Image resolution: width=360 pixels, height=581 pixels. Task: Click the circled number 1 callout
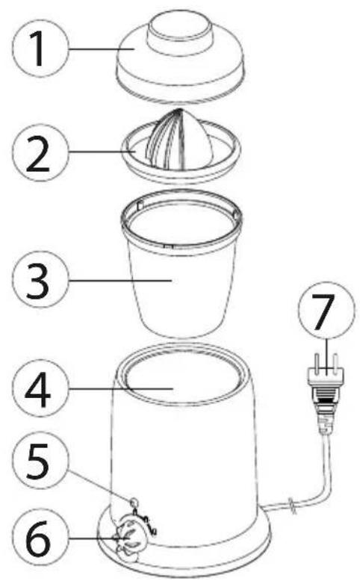41,49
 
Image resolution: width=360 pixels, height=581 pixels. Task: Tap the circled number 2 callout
41,152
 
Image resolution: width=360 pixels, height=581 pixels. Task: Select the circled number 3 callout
41,280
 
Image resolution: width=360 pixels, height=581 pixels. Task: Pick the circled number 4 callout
41,388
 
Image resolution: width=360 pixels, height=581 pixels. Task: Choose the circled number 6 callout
41,537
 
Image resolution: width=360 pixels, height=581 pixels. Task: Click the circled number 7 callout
327,312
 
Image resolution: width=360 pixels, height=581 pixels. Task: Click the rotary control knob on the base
129,535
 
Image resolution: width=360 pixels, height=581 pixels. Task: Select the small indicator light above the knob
134,502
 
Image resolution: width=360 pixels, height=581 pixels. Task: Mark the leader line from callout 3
120,281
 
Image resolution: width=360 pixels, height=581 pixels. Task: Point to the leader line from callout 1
102,49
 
